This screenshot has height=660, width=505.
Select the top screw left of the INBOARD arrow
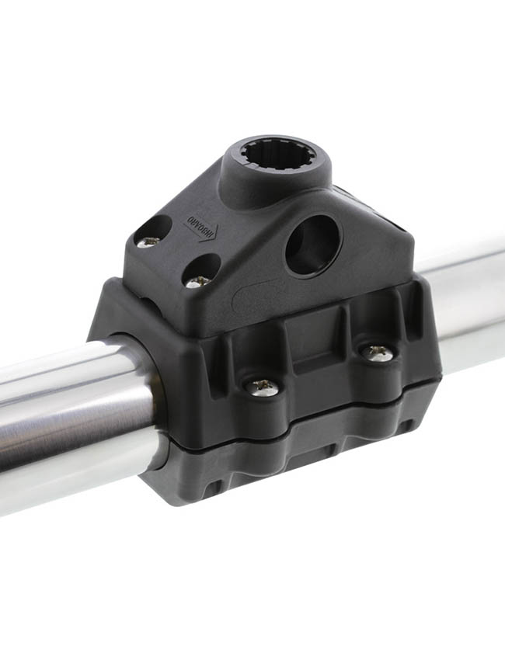pyautogui.click(x=148, y=241)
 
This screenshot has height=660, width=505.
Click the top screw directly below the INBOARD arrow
pyautogui.click(x=197, y=281)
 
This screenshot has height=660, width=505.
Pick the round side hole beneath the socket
pyautogui.click(x=312, y=245)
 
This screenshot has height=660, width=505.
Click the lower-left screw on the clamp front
pyautogui.click(x=262, y=386)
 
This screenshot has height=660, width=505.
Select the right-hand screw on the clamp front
pyautogui.click(x=378, y=353)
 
